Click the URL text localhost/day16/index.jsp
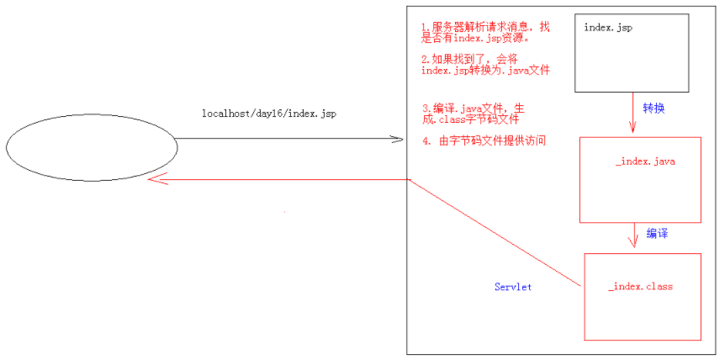tap(268, 114)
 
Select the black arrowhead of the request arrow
tap(400, 139)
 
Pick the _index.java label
tap(645, 161)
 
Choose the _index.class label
tap(640, 287)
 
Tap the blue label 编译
tap(659, 233)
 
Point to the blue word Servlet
tap(513, 288)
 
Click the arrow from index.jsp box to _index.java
tap(632, 114)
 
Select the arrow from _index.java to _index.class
tap(632, 236)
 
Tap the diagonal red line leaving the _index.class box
tap(496, 233)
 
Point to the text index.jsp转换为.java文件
tap(485, 71)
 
